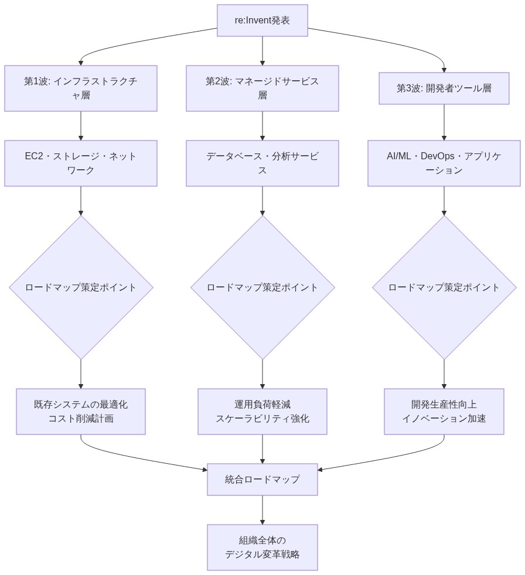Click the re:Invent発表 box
(x=262, y=20)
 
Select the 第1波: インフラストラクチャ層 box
(x=81, y=88)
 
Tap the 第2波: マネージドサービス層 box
(x=262, y=88)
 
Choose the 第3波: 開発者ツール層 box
(x=444, y=88)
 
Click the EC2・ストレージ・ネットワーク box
(x=81, y=163)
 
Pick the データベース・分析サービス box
(x=262, y=163)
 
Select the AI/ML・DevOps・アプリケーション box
(x=444, y=163)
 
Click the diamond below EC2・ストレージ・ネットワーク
(x=81, y=287)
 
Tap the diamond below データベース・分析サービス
(x=262, y=287)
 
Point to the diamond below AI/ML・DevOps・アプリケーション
(x=444, y=287)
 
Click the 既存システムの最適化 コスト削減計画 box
(x=81, y=411)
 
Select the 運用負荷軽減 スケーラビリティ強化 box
(x=262, y=411)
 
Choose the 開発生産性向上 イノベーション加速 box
(x=444, y=411)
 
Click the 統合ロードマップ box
(x=262, y=480)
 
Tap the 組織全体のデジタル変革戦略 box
(x=262, y=547)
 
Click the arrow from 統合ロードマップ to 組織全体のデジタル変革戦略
(x=262, y=509)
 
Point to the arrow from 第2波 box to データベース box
(x=262, y=125)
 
